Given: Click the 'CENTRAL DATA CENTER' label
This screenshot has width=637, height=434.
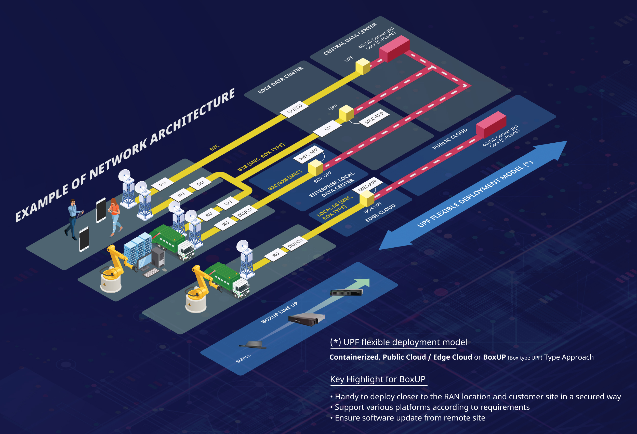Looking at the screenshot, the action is pyautogui.click(x=350, y=39).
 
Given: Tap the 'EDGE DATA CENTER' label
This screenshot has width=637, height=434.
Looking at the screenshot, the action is pyautogui.click(x=280, y=80).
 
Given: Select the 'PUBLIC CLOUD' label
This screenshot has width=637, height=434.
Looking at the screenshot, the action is pyautogui.click(x=450, y=139).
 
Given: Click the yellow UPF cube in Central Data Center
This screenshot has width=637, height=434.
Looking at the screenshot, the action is pyautogui.click(x=363, y=66).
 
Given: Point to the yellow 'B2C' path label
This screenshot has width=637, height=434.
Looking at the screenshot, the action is pyautogui.click(x=214, y=147).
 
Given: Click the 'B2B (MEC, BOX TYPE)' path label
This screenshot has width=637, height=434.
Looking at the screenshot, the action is pyautogui.click(x=261, y=157).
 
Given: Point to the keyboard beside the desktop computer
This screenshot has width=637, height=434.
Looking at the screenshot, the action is pyautogui.click(x=151, y=273).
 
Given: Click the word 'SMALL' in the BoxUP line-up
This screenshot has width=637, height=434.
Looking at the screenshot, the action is pyautogui.click(x=243, y=358).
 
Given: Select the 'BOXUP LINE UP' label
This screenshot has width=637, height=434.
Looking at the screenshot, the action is pyautogui.click(x=279, y=313).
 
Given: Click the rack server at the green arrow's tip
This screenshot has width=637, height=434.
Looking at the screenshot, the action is pyautogui.click(x=347, y=292).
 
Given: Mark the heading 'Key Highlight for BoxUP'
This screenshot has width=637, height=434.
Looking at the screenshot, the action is pyautogui.click(x=378, y=379).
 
